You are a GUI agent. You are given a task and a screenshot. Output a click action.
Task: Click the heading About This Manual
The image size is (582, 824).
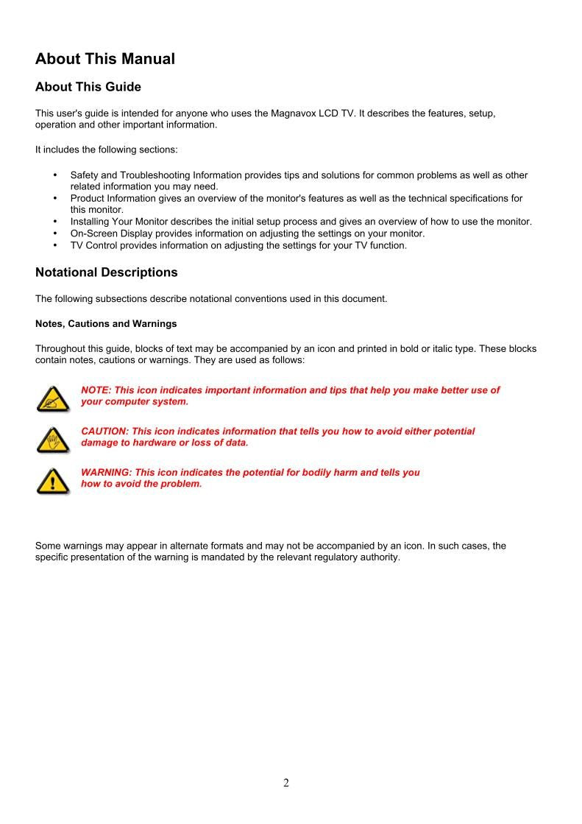(x=105, y=59)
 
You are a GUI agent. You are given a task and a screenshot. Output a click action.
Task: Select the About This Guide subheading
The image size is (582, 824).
(x=88, y=87)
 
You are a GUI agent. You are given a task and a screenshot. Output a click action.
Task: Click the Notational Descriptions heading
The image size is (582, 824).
(x=107, y=272)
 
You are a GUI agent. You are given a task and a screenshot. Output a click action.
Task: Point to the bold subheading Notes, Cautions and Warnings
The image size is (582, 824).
(x=106, y=323)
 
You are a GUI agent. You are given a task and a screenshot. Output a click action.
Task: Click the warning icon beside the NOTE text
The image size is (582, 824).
(x=52, y=398)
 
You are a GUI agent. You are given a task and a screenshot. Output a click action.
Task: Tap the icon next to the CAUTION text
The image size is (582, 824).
(x=52, y=440)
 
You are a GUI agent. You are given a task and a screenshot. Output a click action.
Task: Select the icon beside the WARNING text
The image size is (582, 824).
(x=52, y=481)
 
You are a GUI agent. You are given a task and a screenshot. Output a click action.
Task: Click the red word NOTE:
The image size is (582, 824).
(x=95, y=390)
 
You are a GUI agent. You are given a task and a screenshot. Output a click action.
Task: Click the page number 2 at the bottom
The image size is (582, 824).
(x=286, y=783)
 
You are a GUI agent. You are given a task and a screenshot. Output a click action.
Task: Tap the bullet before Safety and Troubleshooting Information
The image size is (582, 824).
(x=56, y=175)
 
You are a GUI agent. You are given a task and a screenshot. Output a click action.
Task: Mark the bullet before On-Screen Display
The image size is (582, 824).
(x=56, y=233)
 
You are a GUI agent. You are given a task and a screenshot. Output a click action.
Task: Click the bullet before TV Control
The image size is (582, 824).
(x=56, y=245)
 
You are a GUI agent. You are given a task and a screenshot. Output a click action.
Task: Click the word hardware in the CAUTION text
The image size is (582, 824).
(x=156, y=443)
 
